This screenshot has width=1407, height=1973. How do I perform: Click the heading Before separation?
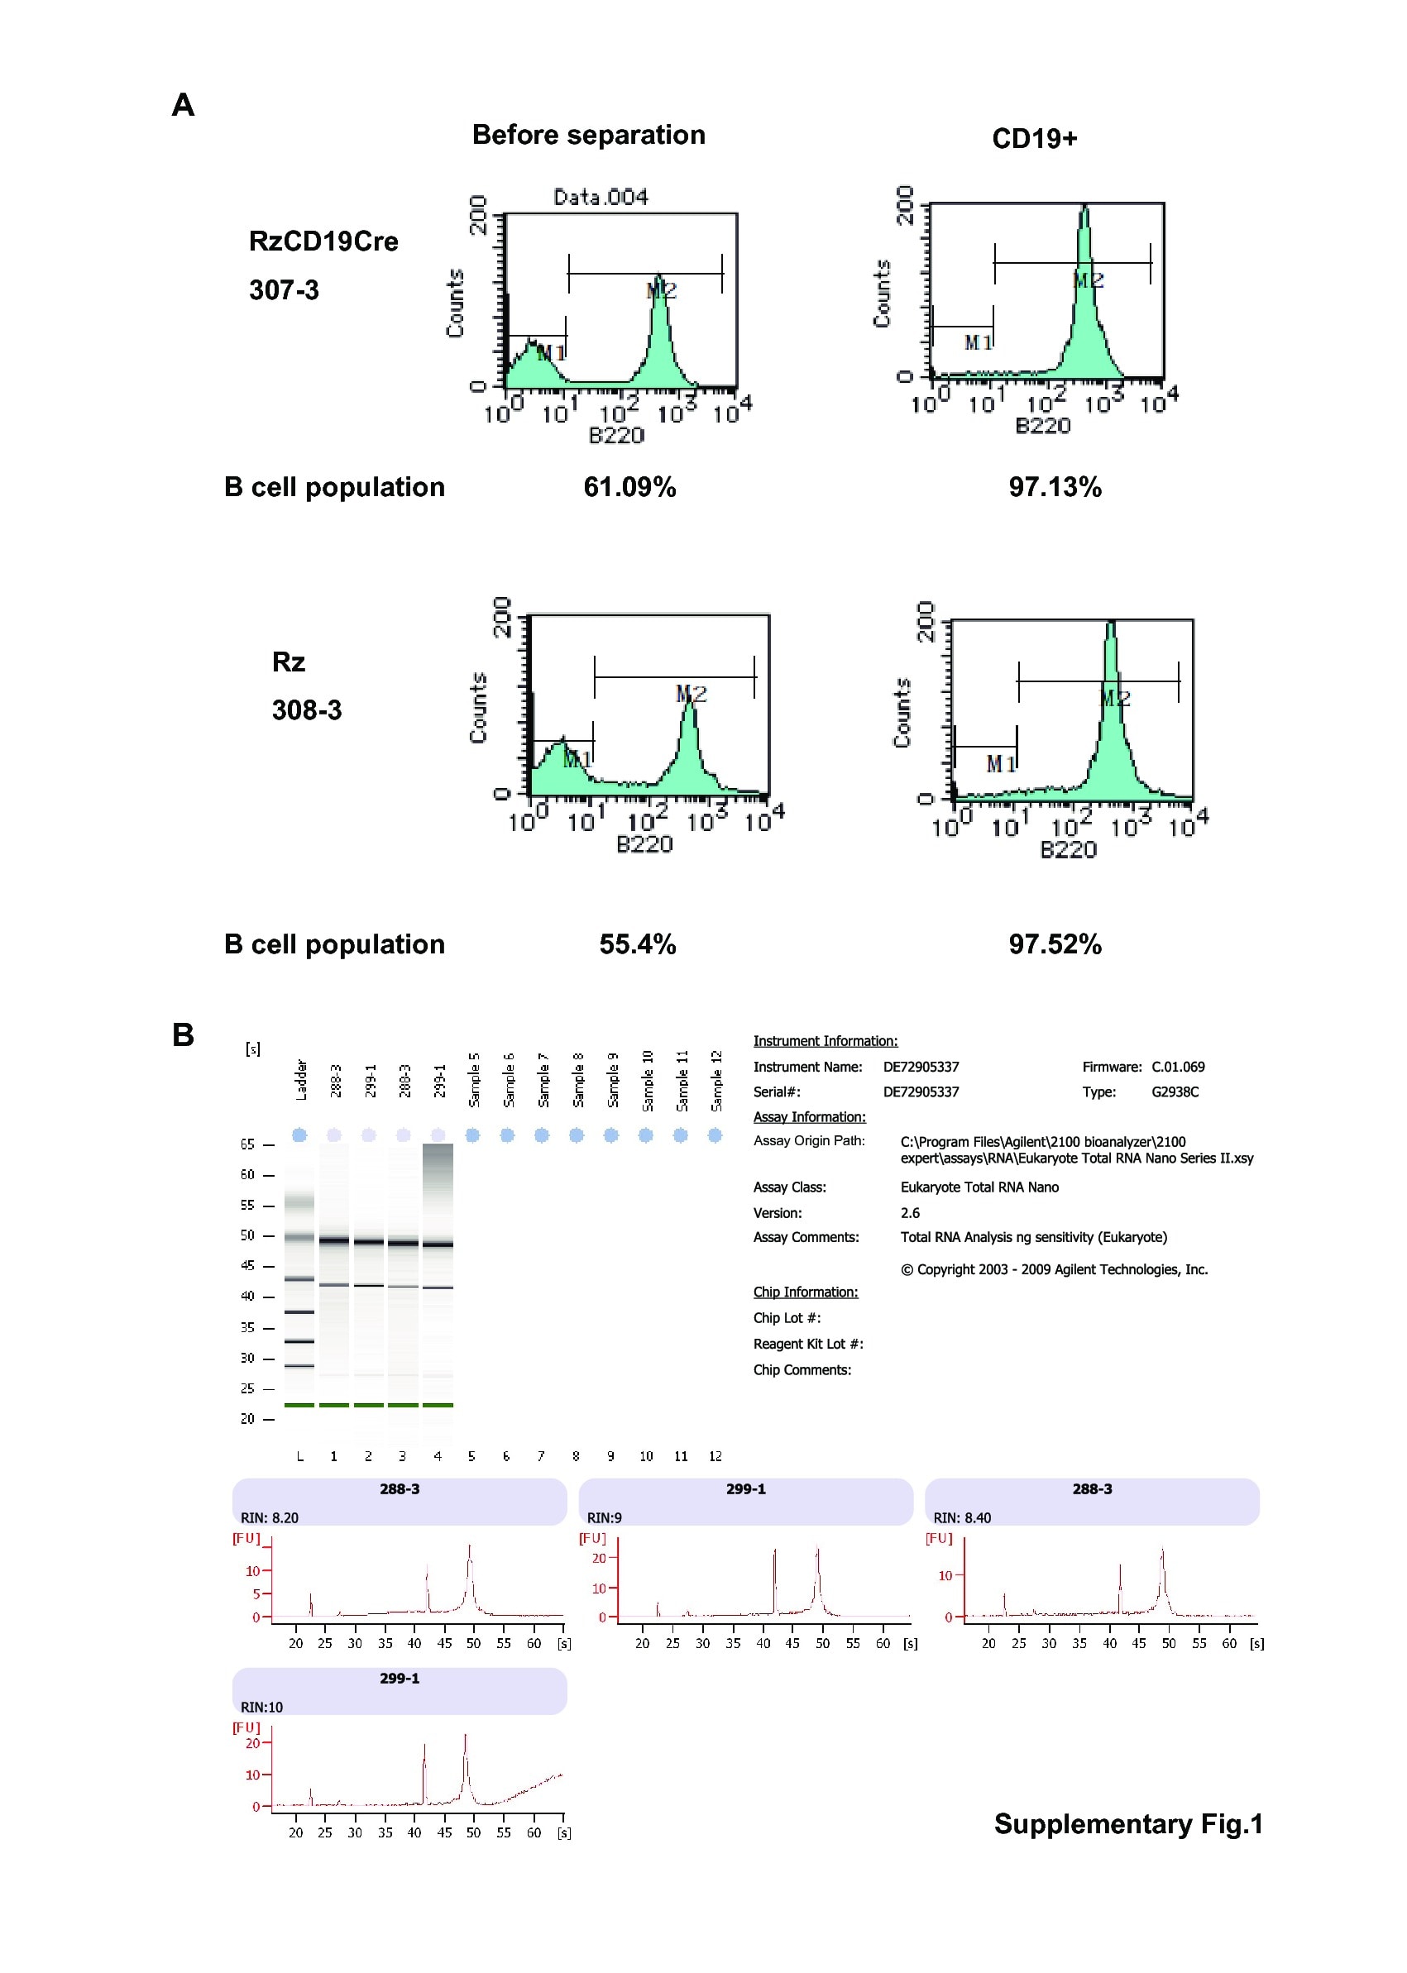(588, 135)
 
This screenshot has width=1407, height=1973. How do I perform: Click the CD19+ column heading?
(1034, 139)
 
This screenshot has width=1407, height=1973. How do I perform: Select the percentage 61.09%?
(629, 487)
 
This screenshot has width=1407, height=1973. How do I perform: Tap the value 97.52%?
(1055, 944)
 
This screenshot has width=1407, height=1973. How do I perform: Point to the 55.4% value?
(637, 944)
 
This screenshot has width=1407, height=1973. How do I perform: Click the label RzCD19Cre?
(323, 241)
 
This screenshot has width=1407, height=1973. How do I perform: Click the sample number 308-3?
(307, 710)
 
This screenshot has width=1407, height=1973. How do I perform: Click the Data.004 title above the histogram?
(601, 198)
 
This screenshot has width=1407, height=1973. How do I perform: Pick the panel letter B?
(183, 1035)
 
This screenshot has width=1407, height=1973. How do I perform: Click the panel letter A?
(183, 105)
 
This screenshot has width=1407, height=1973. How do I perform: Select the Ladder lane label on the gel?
(301, 1080)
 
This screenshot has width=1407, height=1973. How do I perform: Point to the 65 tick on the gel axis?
(248, 1145)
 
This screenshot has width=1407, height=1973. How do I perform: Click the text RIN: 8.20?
(270, 1518)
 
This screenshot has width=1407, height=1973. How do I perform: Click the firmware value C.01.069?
(1177, 1067)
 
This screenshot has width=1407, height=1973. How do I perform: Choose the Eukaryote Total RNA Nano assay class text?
(979, 1187)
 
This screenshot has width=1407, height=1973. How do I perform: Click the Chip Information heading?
(805, 1292)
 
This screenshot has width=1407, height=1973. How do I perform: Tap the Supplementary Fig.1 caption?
(1127, 1824)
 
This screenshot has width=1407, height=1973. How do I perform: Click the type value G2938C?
(1175, 1092)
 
